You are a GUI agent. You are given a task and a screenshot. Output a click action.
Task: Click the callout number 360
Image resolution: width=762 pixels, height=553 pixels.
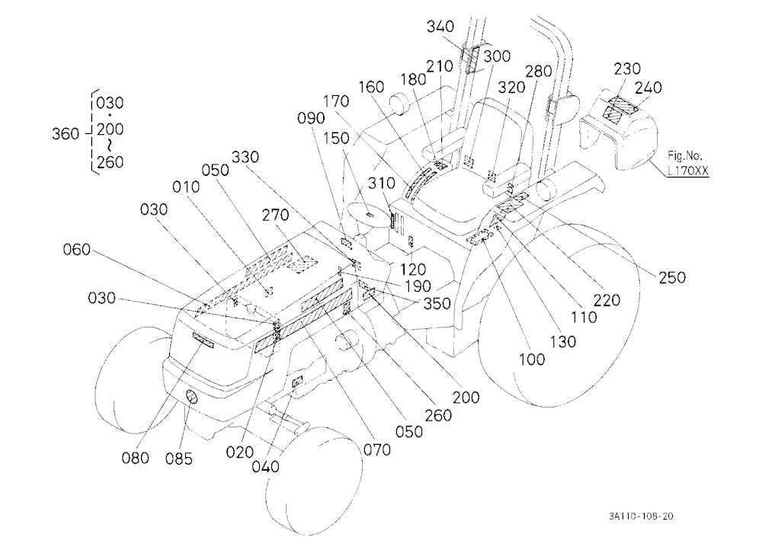tap(65, 133)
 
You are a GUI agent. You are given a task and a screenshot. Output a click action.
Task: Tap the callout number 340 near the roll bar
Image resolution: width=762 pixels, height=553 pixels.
tap(440, 27)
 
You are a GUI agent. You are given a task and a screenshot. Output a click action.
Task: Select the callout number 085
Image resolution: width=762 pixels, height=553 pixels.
tap(179, 459)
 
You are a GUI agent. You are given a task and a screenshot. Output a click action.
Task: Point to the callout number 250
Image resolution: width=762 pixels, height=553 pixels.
tap(672, 277)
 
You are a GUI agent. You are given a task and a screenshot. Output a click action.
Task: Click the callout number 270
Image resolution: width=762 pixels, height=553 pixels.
tap(276, 215)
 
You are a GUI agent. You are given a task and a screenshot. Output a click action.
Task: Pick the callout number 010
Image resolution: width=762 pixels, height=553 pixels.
tap(186, 187)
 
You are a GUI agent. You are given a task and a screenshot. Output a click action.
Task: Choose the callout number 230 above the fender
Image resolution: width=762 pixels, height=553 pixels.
tap(627, 69)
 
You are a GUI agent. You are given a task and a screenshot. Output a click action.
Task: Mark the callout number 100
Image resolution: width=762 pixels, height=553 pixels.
tap(532, 360)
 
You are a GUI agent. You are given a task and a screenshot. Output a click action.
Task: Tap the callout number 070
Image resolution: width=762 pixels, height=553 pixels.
tap(377, 450)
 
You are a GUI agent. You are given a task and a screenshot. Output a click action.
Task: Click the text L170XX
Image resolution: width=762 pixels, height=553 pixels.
tap(688, 171)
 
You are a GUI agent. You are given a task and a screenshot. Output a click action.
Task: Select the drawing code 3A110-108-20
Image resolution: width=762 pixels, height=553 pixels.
tap(642, 516)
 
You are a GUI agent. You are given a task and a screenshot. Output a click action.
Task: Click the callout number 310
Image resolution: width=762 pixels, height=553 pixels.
tap(382, 184)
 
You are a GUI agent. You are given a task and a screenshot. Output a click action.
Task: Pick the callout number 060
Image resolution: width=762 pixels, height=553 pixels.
tap(77, 250)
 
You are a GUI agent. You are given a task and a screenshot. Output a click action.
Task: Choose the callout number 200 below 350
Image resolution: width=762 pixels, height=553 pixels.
tap(466, 398)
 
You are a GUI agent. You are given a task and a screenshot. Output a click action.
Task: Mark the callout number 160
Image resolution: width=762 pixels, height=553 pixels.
tap(371, 88)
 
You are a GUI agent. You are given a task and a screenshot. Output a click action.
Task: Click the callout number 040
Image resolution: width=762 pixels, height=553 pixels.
tap(265, 467)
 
